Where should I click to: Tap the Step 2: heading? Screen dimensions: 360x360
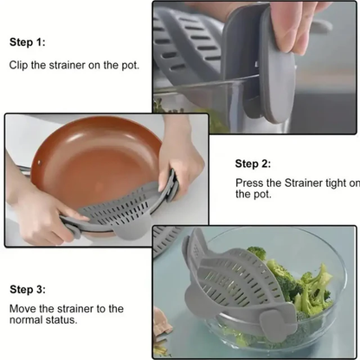[x=254, y=163]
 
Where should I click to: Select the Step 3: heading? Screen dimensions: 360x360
[x=29, y=289]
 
